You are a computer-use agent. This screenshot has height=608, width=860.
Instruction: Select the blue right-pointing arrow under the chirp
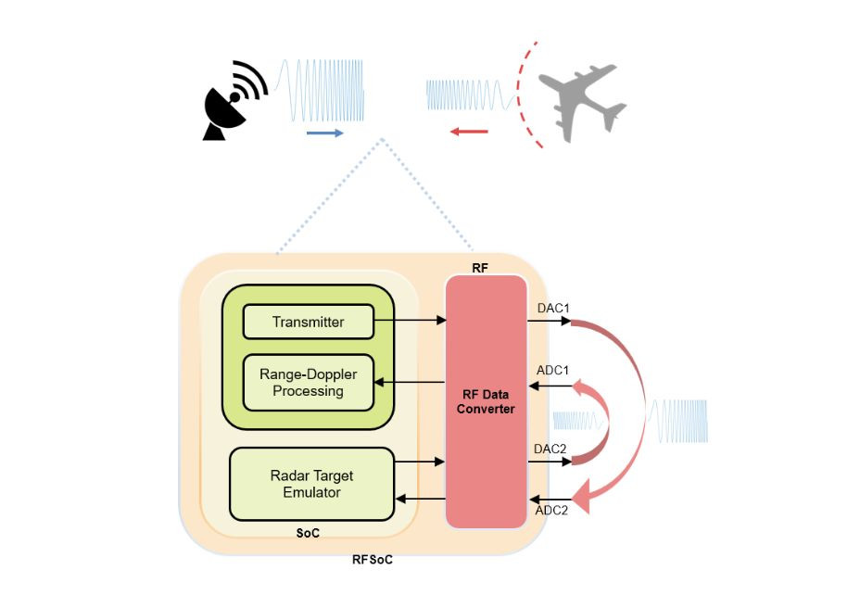pos(324,133)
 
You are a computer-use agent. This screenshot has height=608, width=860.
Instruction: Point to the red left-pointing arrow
pos(469,132)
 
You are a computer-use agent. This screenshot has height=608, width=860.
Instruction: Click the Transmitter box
pos(308,322)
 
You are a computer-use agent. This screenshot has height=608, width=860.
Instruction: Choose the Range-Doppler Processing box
pos(308,382)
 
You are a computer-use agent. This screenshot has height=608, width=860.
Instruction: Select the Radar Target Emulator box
pos(311,484)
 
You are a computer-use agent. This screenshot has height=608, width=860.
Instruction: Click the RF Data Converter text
pos(487,401)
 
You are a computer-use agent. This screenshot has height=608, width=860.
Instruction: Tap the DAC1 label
pos(553,306)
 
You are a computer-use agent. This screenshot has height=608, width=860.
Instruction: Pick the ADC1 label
pos(553,370)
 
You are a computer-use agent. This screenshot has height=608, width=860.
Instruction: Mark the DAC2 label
pos(551,448)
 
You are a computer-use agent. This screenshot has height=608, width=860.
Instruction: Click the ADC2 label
pos(552,510)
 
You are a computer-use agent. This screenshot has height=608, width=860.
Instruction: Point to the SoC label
pos(310,533)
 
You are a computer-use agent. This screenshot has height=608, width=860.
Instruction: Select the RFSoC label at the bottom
pos(373,560)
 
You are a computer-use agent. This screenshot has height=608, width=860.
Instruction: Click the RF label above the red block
pos(479,268)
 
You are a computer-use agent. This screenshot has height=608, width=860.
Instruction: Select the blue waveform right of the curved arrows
pos(680,421)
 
